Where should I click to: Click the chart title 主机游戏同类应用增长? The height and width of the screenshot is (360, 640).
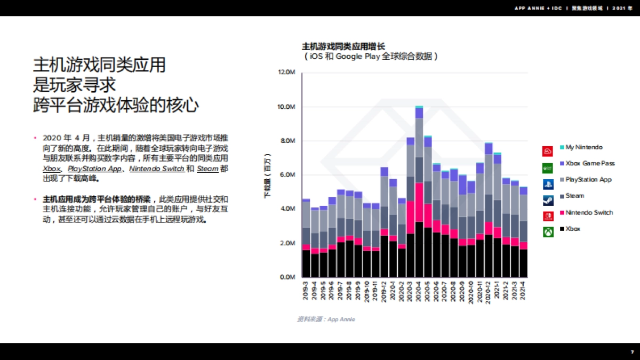click(x=343, y=46)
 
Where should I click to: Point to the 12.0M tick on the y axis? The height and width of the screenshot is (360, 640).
click(x=286, y=73)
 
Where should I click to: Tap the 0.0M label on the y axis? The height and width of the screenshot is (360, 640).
click(x=287, y=277)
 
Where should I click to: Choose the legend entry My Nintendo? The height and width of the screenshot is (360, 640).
click(x=584, y=147)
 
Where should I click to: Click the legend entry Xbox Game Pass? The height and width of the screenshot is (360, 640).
click(x=590, y=163)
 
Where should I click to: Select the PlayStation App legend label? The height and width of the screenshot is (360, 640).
click(x=588, y=180)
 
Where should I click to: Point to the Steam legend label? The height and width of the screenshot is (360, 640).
click(x=574, y=196)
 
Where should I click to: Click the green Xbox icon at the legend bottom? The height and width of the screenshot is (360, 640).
click(x=548, y=233)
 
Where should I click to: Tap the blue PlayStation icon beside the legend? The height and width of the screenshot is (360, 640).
click(x=548, y=185)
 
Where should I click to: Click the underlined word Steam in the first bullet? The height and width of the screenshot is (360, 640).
click(x=207, y=169)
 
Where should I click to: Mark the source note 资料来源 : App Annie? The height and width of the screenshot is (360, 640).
click(x=326, y=319)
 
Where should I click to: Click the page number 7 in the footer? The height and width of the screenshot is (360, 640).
click(x=632, y=352)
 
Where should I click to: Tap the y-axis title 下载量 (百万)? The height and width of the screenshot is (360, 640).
click(x=268, y=176)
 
